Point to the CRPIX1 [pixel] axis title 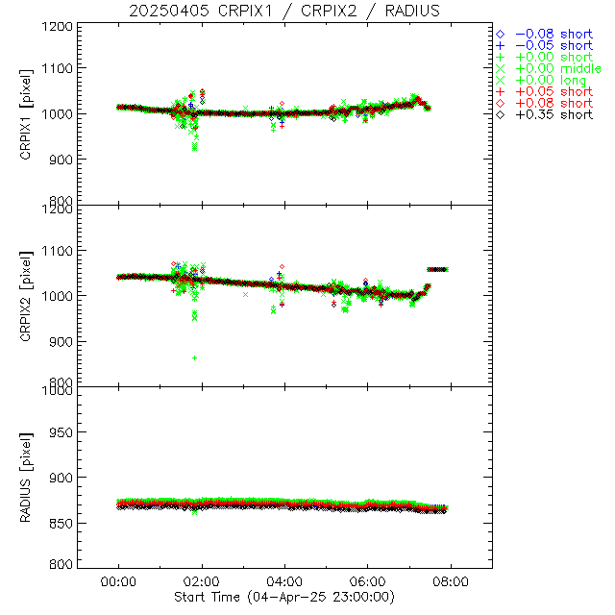pos(37,113)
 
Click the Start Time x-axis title pos(284,597)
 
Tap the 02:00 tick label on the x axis pos(202,582)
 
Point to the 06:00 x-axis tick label pos(368,582)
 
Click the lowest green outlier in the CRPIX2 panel pos(195,357)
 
